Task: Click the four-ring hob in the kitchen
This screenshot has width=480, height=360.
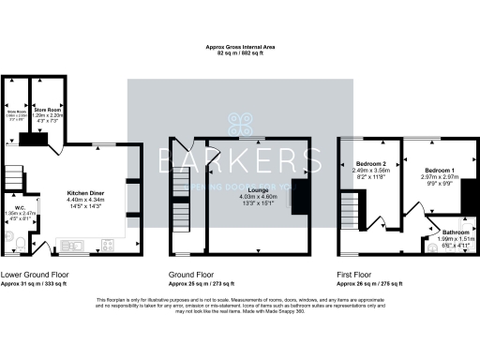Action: tap(105, 247)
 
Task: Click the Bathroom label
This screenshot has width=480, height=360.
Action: tap(457, 231)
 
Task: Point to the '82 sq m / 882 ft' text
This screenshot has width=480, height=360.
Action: tap(240, 53)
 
